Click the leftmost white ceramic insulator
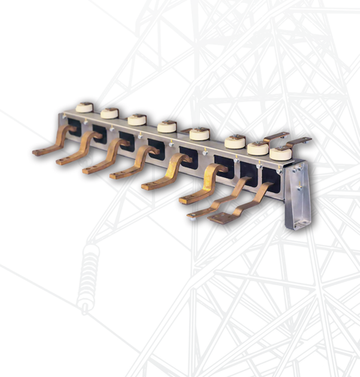click(x=84, y=108)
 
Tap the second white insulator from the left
click(x=109, y=113)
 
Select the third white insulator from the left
click(x=136, y=119)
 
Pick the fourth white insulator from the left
click(x=167, y=126)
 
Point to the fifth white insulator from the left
click(x=200, y=133)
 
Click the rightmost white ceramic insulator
click(x=280, y=153)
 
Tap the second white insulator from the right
click(x=258, y=148)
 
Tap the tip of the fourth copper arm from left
click(x=115, y=176)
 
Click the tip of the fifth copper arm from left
click(x=148, y=185)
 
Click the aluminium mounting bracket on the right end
click(x=299, y=192)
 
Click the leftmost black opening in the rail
click(x=75, y=127)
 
